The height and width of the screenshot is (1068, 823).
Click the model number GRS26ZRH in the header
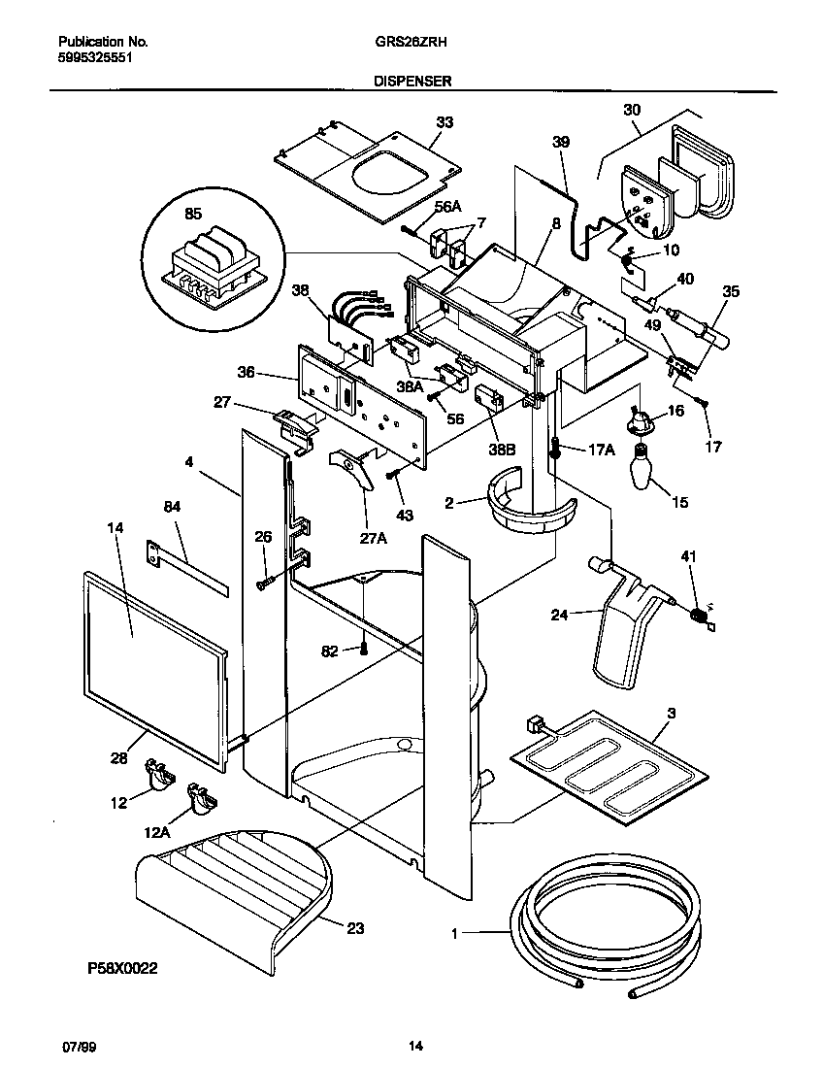click(x=411, y=42)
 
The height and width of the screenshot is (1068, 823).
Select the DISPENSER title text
click(x=411, y=83)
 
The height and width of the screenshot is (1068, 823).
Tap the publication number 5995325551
click(x=96, y=57)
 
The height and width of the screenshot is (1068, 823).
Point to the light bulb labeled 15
click(x=641, y=468)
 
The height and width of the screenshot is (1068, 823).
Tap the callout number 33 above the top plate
click(x=444, y=122)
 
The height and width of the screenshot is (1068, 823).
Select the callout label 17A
click(x=602, y=450)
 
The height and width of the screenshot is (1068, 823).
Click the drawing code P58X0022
click(x=121, y=968)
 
